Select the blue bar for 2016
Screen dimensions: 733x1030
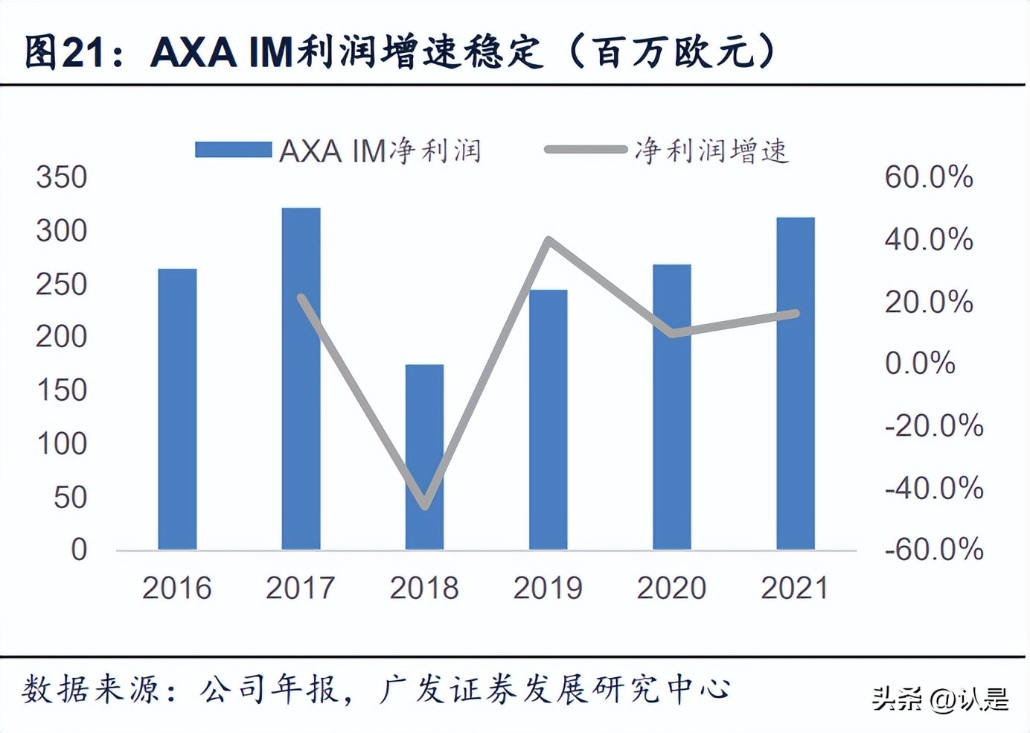[177, 409]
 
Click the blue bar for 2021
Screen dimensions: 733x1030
[795, 383]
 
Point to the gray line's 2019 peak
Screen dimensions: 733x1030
[548, 240]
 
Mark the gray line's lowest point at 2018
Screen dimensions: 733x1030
[425, 506]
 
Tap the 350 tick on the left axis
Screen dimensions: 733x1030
[62, 177]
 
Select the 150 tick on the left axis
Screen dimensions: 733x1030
[62, 390]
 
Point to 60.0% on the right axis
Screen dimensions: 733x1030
[928, 177]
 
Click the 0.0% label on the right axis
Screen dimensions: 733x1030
[920, 364]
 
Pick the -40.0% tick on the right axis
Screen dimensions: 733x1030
[933, 488]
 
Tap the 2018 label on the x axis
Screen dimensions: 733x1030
[424, 588]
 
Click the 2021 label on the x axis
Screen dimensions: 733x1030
[795, 588]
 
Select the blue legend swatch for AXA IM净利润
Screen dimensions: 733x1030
[233, 150]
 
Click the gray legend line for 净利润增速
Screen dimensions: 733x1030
[585, 150]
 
